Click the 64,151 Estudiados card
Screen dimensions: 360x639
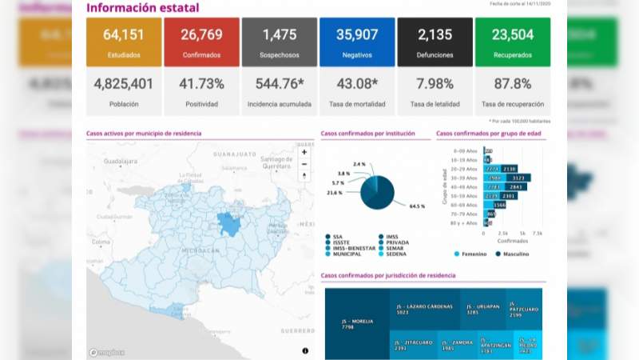coord(124,42)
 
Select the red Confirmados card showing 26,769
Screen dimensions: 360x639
coord(201,42)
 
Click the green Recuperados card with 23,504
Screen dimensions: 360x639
coord(512,42)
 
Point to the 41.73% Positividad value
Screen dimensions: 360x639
coord(201,83)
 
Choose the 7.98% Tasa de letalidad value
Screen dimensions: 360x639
coord(435,83)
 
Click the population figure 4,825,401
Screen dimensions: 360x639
coord(124,83)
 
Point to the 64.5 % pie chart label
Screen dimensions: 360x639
coord(416,206)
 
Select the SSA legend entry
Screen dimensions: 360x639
coord(338,236)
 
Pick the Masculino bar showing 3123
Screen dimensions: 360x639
coord(518,178)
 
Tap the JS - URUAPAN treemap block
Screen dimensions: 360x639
coord(482,310)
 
